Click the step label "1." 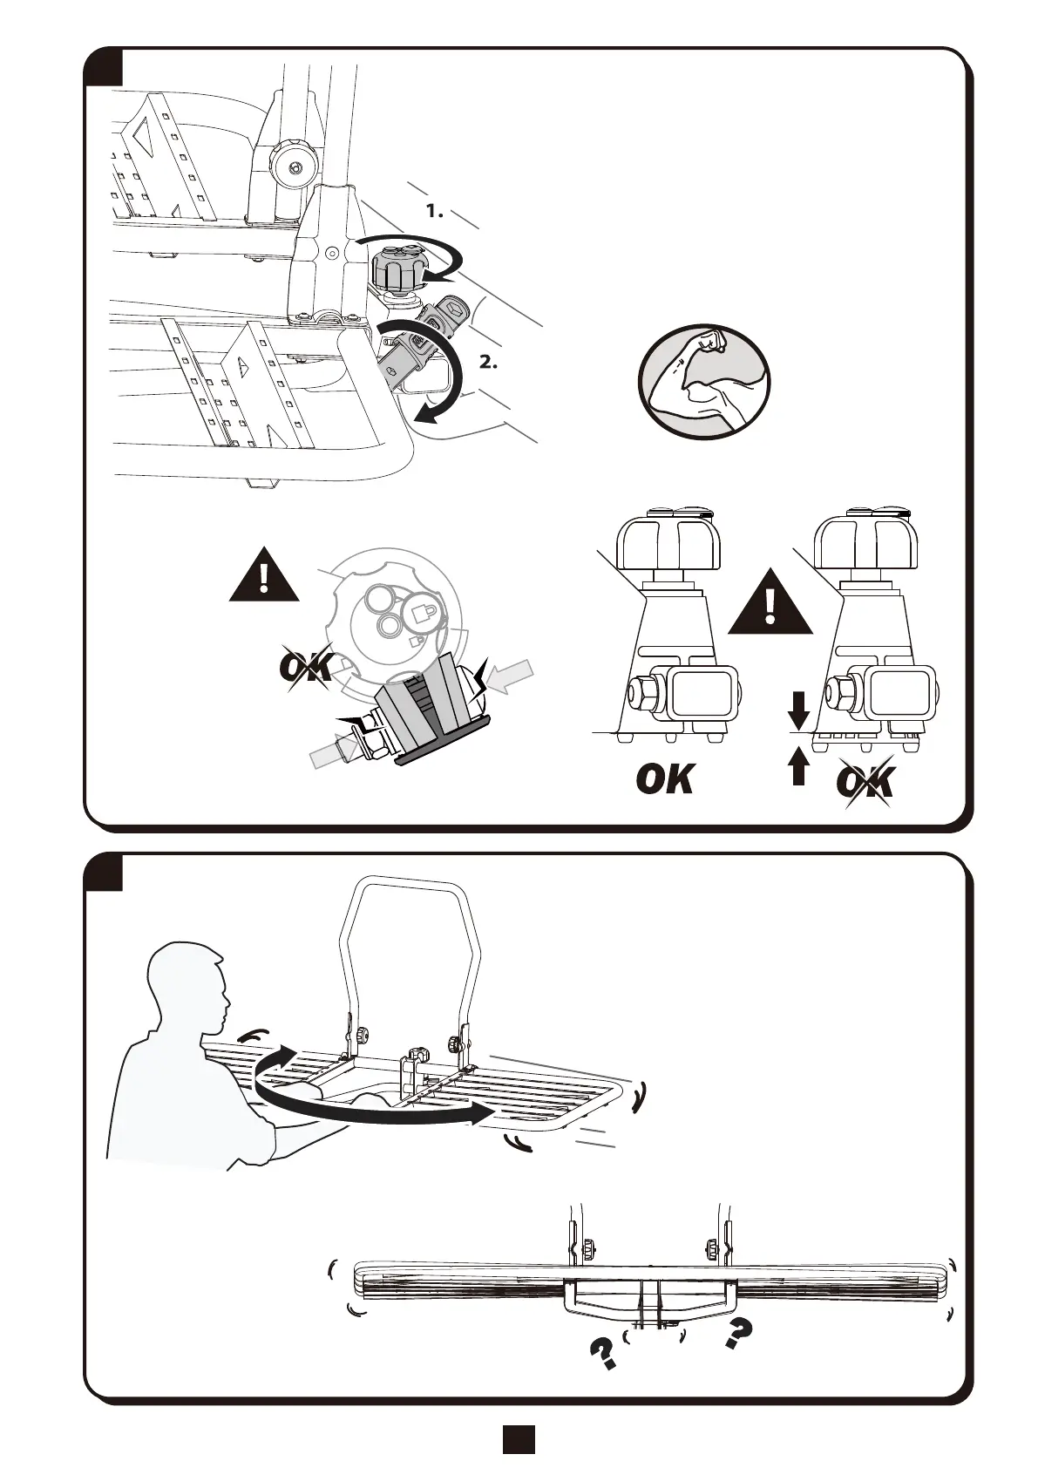[x=434, y=211]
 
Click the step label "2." [x=488, y=363]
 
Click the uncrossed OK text [x=665, y=778]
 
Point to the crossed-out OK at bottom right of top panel [x=865, y=782]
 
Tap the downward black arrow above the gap [x=797, y=716]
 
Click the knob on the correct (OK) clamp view [x=668, y=540]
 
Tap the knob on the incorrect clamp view [x=864, y=540]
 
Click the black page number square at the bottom [x=519, y=1440]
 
